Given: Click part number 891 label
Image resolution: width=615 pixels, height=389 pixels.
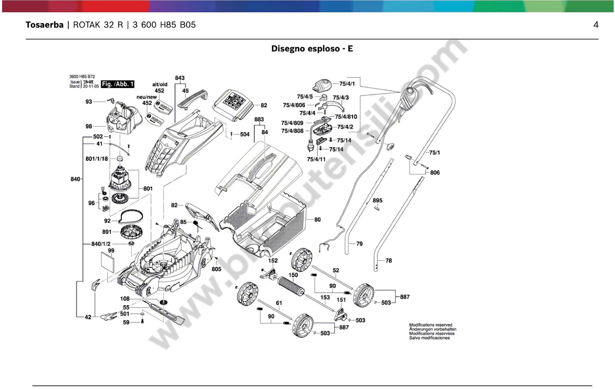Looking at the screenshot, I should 107,232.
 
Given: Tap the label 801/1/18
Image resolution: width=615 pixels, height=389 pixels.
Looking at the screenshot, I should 97,159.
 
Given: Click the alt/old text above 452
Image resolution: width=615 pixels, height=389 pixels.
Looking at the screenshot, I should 160,84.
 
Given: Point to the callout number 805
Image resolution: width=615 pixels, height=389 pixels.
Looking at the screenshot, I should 216,269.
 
